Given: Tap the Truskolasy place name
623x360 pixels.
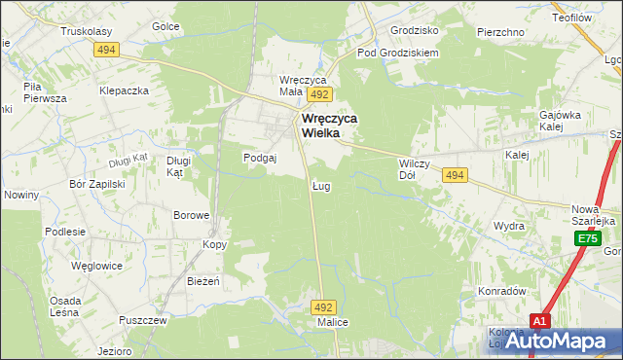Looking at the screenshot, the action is (x=85, y=31).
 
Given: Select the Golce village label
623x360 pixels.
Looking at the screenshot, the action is (x=166, y=26).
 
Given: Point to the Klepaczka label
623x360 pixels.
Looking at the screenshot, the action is (x=124, y=90).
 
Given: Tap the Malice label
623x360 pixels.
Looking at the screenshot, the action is (x=333, y=322).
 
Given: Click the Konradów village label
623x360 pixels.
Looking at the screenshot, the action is (x=501, y=291).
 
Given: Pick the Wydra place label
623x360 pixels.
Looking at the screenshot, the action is (x=508, y=226).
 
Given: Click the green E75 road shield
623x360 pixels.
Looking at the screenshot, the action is (x=586, y=238).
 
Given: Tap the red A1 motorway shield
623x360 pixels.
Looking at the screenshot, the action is (x=542, y=320).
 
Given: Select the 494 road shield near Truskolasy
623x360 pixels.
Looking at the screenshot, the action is (x=106, y=50).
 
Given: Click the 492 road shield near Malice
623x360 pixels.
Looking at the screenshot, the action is (x=324, y=306).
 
